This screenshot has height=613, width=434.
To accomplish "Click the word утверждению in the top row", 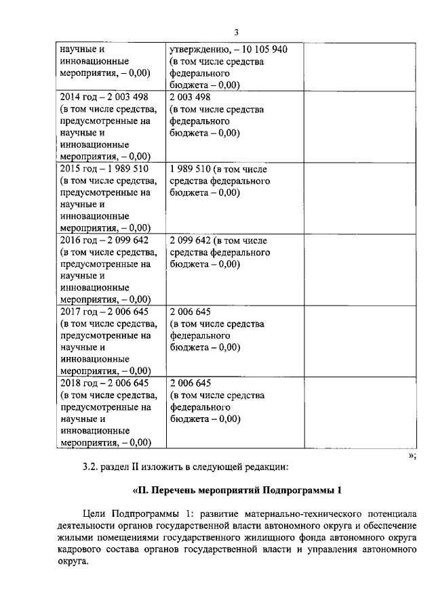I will (x=197, y=49).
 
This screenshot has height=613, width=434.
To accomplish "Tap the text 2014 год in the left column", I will (x=77, y=97).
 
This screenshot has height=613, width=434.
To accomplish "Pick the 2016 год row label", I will (x=77, y=240).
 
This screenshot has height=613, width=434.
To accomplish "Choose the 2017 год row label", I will (x=77, y=312).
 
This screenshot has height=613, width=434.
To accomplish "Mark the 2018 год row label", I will (x=77, y=383).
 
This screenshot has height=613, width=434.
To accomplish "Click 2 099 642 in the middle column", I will (x=190, y=240).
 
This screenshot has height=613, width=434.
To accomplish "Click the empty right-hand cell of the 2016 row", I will (x=359, y=269).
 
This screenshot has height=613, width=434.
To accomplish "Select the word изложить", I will (x=150, y=466).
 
